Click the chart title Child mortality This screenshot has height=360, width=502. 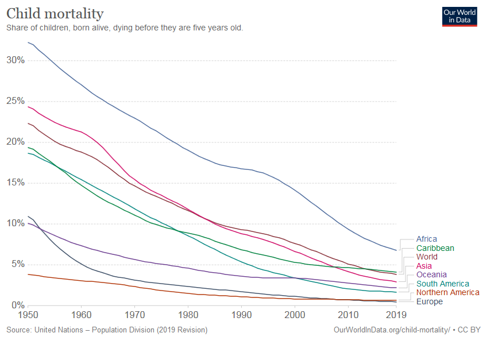click(x=55, y=13)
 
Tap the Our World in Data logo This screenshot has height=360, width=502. click(x=459, y=16)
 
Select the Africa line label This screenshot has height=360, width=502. click(x=426, y=239)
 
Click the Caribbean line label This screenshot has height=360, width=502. click(x=435, y=248)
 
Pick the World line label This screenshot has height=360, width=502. click(x=427, y=257)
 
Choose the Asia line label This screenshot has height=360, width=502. click(x=424, y=266)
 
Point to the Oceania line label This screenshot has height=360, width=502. click(x=431, y=274)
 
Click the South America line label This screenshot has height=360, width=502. click(x=442, y=284)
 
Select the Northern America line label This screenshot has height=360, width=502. click(x=447, y=292)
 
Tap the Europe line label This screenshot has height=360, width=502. click(x=429, y=301)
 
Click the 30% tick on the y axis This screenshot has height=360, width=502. click(x=16, y=60)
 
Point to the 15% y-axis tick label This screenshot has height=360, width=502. click(x=16, y=183)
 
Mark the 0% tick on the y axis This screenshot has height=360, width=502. click(x=18, y=305)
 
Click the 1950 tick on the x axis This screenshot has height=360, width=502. click(x=28, y=315)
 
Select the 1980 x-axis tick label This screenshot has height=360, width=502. click(x=188, y=315)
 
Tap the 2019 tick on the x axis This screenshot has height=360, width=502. click(x=396, y=315)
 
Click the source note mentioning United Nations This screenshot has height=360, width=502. click(x=107, y=330)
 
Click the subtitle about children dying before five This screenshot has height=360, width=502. click(x=125, y=28)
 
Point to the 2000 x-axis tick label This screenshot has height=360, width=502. click(x=295, y=315)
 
